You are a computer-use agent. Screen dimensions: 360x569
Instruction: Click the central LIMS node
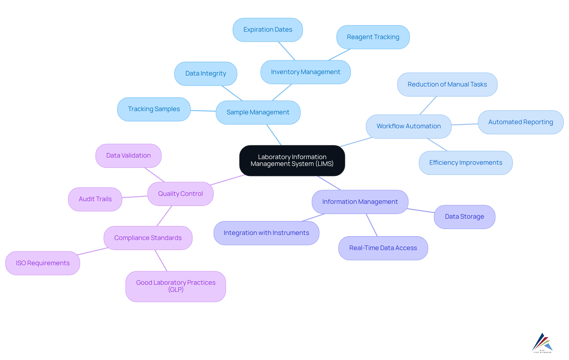(292, 160)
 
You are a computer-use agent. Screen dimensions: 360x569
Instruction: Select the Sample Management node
(258, 112)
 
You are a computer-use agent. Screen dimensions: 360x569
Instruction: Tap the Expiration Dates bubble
(268, 30)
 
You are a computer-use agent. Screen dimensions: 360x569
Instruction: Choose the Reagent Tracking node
(373, 37)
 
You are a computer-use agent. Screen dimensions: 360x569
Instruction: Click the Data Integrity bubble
(206, 73)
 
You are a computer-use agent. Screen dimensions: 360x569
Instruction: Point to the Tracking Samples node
(154, 109)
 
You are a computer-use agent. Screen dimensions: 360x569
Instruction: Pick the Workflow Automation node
(408, 126)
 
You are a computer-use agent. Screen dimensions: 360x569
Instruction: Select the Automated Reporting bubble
(520, 122)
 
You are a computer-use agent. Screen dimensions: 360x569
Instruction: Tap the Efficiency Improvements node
(465, 163)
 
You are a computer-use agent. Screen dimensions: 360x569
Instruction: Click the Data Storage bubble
(464, 217)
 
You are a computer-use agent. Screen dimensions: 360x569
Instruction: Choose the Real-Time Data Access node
(383, 248)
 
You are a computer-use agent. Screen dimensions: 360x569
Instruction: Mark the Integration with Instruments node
(266, 233)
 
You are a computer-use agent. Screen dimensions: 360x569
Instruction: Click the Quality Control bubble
(180, 194)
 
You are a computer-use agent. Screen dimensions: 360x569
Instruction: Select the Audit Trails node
(95, 199)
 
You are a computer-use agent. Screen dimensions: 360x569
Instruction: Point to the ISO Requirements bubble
(43, 263)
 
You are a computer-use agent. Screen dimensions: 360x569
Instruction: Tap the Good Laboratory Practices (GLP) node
(175, 286)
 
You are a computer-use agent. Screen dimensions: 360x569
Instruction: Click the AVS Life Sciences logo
(542, 343)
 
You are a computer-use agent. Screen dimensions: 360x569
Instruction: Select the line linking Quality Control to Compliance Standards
(164, 216)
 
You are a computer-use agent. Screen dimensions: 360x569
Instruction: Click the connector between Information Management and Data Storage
(421, 211)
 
